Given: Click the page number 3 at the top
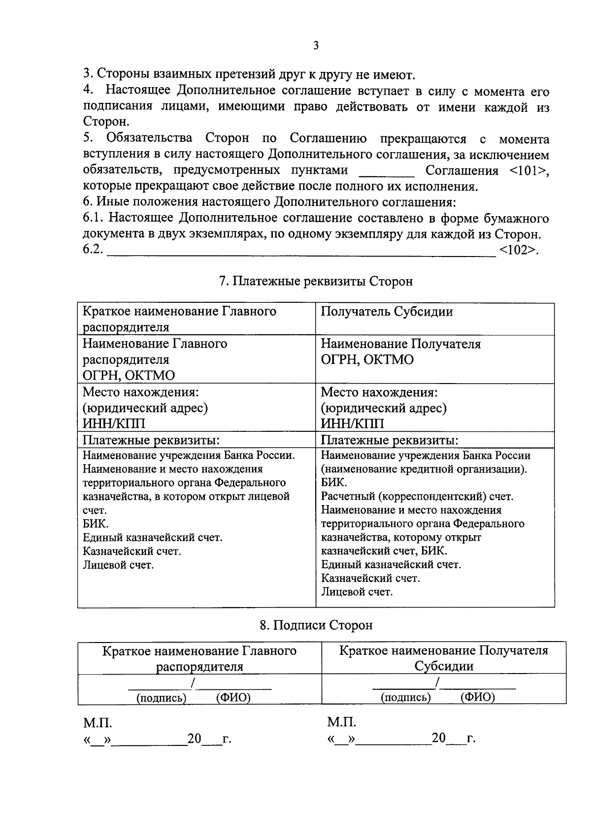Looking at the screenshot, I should pyautogui.click(x=316, y=46).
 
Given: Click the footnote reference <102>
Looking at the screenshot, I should pyautogui.click(x=518, y=250).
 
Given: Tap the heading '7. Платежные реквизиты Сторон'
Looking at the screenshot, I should pyautogui.click(x=316, y=281).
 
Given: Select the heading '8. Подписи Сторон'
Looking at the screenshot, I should pyautogui.click(x=316, y=625).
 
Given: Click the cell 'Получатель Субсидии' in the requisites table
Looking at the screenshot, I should pyautogui.click(x=387, y=312).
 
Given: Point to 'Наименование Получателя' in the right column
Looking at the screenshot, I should pyautogui.click(x=400, y=344).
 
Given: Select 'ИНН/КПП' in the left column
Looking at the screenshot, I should pyautogui.click(x=114, y=423).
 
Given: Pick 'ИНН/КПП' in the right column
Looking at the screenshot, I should pyautogui.click(x=352, y=423).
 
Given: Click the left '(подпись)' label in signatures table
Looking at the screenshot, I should pyautogui.click(x=161, y=698).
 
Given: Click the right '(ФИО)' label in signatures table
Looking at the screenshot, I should pyautogui.click(x=477, y=697).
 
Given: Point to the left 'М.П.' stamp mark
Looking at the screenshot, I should pyautogui.click(x=98, y=723).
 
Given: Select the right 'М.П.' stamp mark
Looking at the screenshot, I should pyautogui.click(x=341, y=723).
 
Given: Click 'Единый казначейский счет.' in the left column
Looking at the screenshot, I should pyautogui.click(x=153, y=538).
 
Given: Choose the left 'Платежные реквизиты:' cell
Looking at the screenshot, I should pyautogui.click(x=151, y=440).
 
